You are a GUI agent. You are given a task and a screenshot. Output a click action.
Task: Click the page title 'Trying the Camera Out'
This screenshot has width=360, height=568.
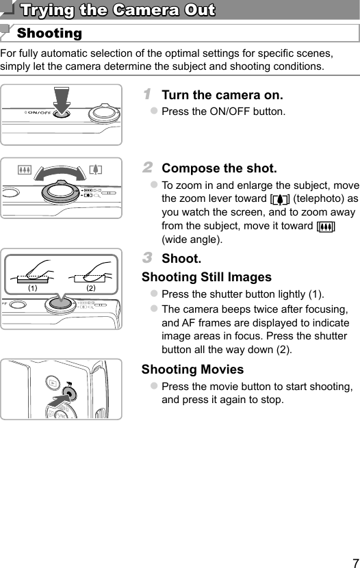[117, 10]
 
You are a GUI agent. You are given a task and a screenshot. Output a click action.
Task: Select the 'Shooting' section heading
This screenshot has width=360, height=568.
[49, 34]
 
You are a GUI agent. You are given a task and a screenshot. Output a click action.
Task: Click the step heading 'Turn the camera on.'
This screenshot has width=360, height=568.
[222, 95]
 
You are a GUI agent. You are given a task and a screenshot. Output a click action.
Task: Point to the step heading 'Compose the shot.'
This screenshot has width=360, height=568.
[219, 168]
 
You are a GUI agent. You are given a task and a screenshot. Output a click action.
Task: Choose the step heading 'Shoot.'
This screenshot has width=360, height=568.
[181, 259]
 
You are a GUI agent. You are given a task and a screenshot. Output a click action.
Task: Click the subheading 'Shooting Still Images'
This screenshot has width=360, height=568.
[206, 277]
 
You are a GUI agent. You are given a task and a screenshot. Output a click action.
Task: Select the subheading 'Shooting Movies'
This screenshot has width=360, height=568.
[192, 370]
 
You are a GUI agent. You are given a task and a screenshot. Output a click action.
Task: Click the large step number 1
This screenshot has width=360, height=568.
[147, 94]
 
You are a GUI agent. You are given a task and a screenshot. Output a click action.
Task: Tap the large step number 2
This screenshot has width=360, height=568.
[147, 167]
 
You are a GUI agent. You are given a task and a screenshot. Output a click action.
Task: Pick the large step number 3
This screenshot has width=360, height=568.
[147, 258]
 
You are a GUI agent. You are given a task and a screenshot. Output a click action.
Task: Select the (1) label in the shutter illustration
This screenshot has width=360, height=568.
[31, 288]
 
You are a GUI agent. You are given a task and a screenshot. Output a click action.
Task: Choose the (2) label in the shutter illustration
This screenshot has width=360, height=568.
[90, 288]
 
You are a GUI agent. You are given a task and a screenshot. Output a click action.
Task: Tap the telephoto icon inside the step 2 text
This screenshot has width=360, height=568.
[280, 199]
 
